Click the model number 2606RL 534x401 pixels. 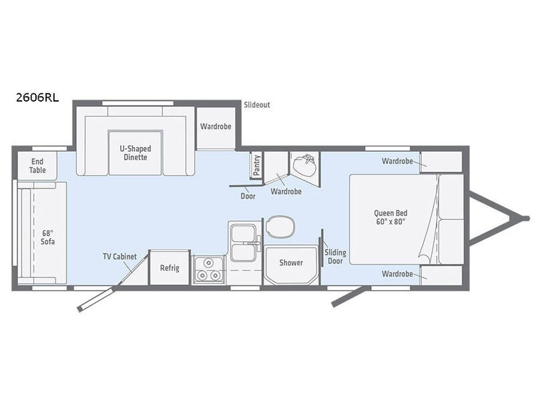coord(37,98)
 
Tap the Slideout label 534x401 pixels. coord(257,105)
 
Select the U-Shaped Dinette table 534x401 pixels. coord(135,152)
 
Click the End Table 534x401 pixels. coord(37,166)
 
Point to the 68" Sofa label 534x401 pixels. coord(47,237)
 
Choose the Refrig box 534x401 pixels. coord(170,268)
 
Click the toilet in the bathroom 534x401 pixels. coord(281,227)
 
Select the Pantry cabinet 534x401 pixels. coord(256,165)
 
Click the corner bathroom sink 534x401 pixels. coord(306,165)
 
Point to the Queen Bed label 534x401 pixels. coord(390,217)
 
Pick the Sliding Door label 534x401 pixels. coord(335,257)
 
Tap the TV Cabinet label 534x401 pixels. coord(120,257)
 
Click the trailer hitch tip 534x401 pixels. coord(527,219)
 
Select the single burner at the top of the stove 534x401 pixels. coord(208,263)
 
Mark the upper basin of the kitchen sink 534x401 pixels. coord(242,233)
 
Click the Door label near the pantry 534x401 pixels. coord(248,196)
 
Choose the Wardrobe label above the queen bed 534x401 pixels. coord(397,161)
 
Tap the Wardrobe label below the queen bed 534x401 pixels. coord(397,274)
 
